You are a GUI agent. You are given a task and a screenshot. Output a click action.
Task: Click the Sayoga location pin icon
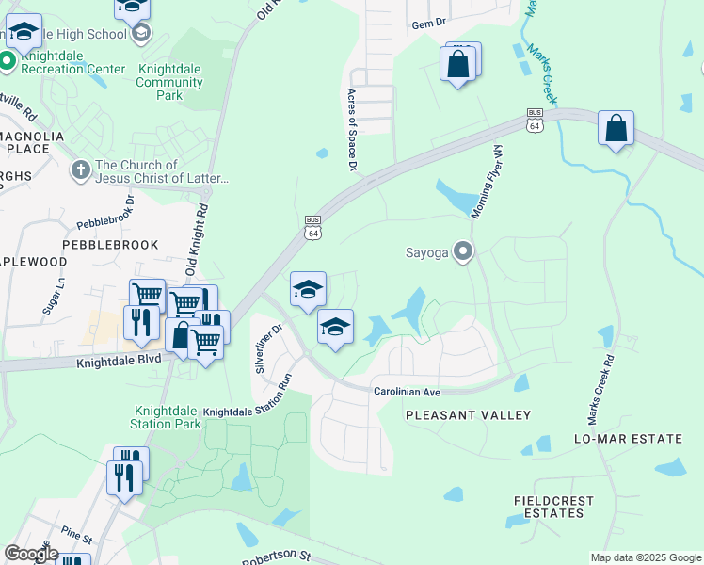[x=463, y=251]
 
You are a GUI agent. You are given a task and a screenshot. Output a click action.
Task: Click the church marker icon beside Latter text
[x=80, y=171]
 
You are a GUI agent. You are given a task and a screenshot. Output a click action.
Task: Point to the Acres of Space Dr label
[x=353, y=130]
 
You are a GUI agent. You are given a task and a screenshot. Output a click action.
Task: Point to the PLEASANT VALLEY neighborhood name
[x=468, y=415]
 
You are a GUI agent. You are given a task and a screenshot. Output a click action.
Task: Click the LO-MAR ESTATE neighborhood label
[x=628, y=440]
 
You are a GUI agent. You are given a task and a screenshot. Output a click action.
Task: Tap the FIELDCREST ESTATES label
[x=549, y=507]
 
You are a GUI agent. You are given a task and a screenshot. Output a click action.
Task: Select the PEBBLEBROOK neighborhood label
[x=110, y=244]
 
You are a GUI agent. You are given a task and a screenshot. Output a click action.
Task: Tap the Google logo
[x=31, y=554]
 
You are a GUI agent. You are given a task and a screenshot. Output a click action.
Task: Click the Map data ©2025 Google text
[x=645, y=557]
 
